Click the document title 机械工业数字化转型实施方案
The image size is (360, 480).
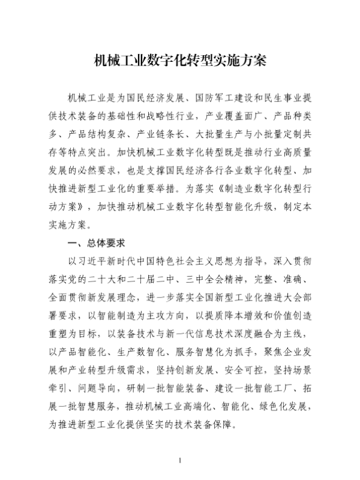point(180,60)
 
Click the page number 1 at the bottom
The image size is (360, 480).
point(180,460)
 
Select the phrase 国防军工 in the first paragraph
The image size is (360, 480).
point(212,97)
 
